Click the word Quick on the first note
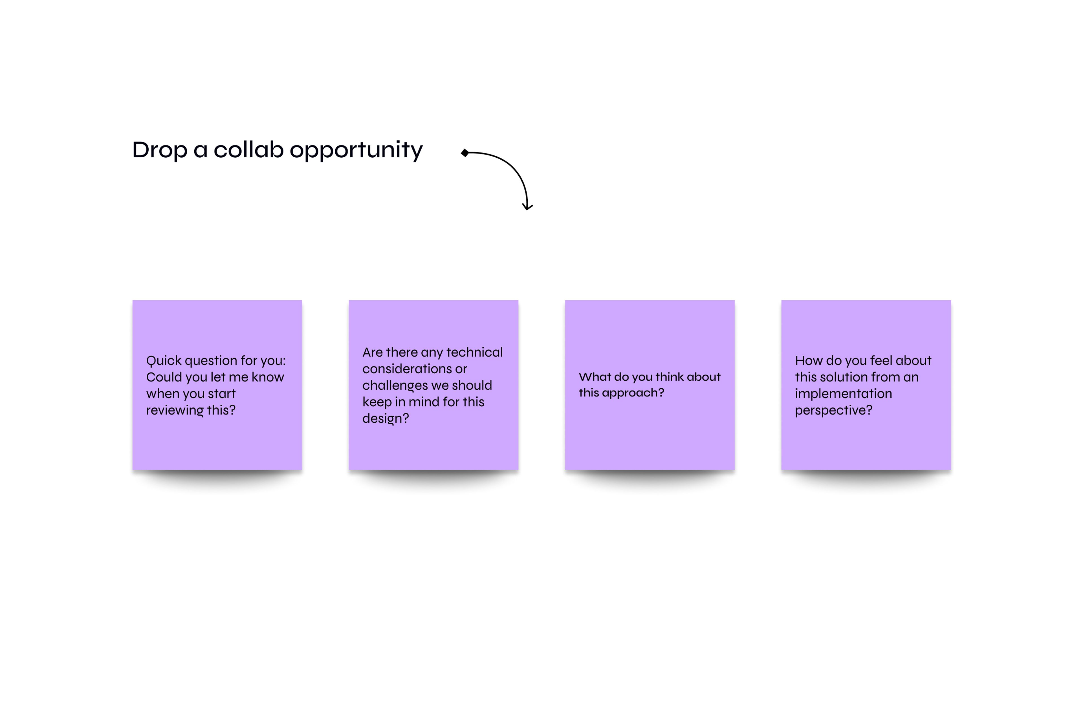tap(164, 361)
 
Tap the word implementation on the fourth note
tap(844, 394)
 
